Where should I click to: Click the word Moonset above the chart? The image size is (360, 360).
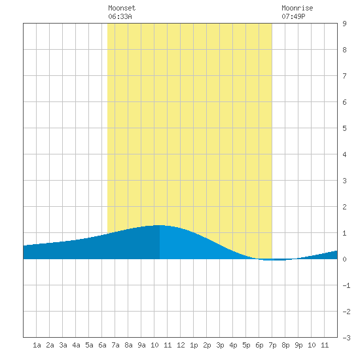pos(122,8)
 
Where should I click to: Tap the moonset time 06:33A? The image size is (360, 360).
pos(120,16)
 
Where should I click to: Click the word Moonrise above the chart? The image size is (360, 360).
pos(297,8)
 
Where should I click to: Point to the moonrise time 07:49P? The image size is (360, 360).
pos(293,16)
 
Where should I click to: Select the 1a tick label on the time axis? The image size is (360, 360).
pos(37,345)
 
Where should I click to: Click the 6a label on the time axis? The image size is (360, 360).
pos(102,345)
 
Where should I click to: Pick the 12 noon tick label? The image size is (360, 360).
pos(181,345)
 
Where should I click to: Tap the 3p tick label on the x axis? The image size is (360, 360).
pos(220,345)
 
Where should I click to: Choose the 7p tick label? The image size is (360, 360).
pos(272,345)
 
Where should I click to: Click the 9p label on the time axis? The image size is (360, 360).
pos(298,345)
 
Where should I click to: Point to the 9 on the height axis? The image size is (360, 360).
pos(344,24)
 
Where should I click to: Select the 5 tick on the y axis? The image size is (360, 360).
pos(344,128)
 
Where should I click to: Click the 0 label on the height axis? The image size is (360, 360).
pos(344,259)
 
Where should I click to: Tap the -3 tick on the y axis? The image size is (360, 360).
pos(346,338)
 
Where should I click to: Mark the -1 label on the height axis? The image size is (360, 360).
pos(346,285)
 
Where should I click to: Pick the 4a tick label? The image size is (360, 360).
pos(76,345)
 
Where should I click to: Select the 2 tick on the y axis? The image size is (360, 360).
pos(344,207)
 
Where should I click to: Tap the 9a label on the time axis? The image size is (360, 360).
pos(141,345)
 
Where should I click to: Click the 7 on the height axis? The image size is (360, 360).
pos(344,76)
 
